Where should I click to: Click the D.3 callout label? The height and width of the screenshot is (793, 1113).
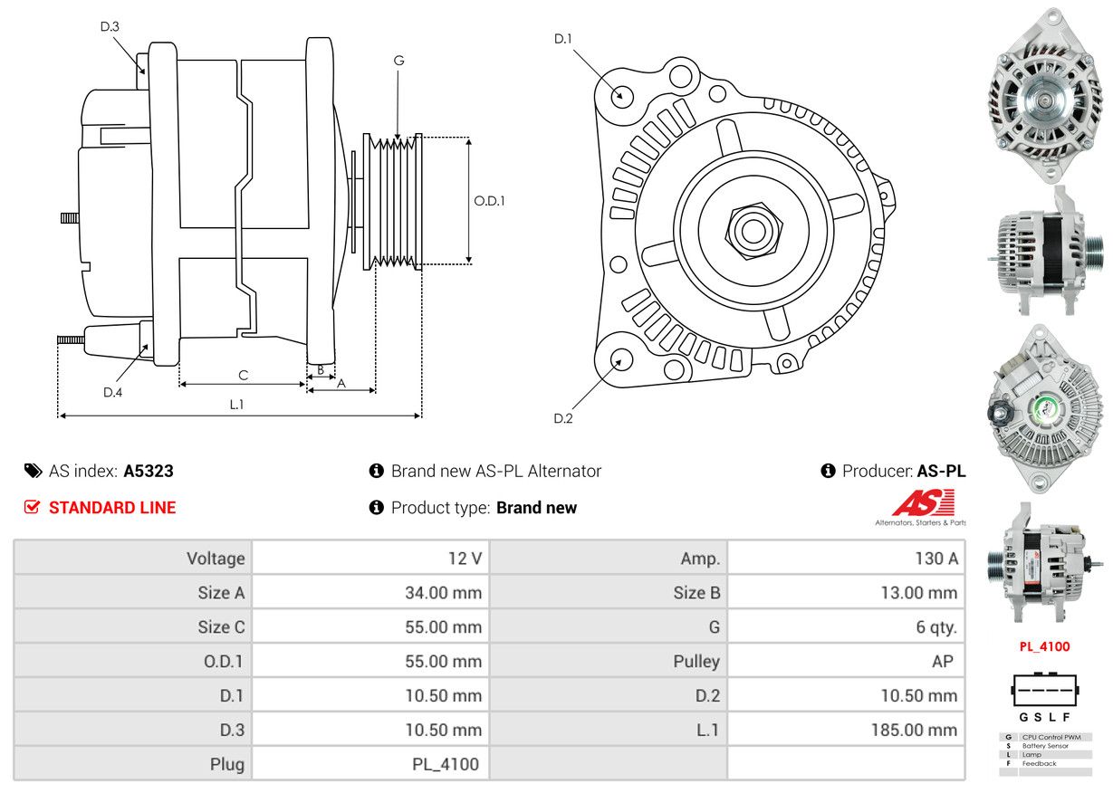click(110, 26)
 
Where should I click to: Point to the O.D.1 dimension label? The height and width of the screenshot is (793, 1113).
click(489, 201)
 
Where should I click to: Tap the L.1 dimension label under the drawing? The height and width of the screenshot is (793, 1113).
click(237, 405)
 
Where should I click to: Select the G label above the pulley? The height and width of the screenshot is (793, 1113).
click(398, 60)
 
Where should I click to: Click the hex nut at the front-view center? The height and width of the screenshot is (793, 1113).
click(753, 231)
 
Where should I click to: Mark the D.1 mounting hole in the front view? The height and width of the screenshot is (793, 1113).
click(620, 94)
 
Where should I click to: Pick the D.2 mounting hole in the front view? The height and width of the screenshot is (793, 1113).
click(620, 359)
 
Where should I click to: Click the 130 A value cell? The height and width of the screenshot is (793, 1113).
click(936, 559)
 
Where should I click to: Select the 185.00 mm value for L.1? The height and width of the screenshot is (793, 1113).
click(914, 730)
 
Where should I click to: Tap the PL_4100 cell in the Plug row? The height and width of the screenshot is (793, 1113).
click(446, 764)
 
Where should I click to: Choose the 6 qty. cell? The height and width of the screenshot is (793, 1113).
click(936, 627)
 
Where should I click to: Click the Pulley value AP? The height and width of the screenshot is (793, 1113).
click(942, 661)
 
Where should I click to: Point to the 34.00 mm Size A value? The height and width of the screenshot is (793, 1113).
click(443, 592)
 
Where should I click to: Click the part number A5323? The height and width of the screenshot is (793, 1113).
click(149, 471)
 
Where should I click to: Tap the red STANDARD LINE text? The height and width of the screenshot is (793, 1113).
click(112, 508)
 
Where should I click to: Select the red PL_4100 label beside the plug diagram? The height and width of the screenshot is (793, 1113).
click(1044, 646)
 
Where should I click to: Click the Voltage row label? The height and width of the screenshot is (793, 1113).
click(216, 559)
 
